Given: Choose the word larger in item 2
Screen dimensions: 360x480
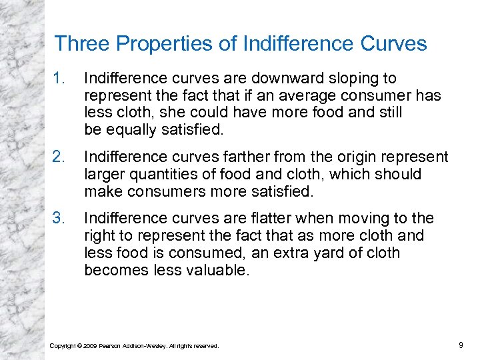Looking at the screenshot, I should (x=104, y=175).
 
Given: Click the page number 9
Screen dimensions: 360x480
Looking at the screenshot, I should (x=461, y=345).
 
